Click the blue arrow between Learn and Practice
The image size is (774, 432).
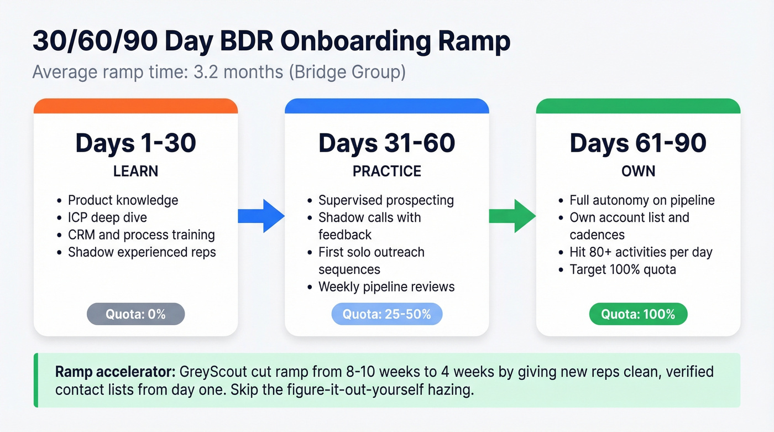tap(260, 216)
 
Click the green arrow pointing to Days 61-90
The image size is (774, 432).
tap(512, 216)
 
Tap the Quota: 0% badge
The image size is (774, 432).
tap(135, 314)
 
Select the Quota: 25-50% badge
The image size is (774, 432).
tap(386, 314)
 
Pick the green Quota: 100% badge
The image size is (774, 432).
tap(638, 314)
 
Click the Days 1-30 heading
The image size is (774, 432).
tap(135, 143)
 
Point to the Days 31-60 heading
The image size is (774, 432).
tap(386, 143)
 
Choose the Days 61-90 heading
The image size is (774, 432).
tap(638, 143)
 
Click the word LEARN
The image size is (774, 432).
tap(135, 171)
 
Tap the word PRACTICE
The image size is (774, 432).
tap(386, 171)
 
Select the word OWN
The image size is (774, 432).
tap(638, 171)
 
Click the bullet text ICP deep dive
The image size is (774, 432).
tap(107, 217)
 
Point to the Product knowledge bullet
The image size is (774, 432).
tap(123, 200)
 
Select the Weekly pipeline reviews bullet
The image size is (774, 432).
tap(386, 287)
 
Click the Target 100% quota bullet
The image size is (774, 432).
tap(623, 269)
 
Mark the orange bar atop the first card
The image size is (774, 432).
tap(135, 106)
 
